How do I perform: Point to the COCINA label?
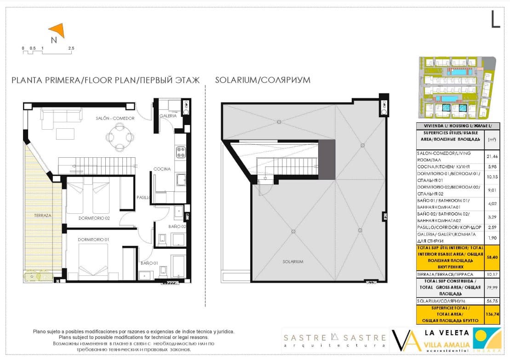[x=162, y=169]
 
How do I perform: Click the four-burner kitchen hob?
[x=180, y=152]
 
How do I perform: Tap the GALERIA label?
[x=168, y=116]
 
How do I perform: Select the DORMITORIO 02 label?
[x=94, y=218]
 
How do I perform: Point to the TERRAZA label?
[x=42, y=215]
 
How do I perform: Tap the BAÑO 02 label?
[x=177, y=226]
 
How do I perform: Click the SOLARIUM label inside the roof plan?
[x=292, y=262]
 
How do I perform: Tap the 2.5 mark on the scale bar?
[x=71, y=48]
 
